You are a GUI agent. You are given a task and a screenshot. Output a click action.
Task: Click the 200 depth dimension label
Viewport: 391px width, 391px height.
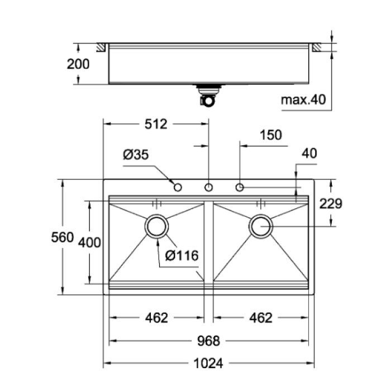point(78,64)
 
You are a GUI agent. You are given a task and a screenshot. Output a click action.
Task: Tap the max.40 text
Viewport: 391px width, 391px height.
point(303,101)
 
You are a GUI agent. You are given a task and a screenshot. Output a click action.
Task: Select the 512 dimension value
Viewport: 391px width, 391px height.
point(156,124)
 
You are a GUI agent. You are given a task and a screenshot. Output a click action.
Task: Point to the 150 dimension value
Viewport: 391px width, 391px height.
point(271,135)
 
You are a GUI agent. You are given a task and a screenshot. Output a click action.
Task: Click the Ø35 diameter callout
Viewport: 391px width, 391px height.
point(136,156)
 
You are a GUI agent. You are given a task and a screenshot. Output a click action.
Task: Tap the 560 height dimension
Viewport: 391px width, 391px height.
point(62,237)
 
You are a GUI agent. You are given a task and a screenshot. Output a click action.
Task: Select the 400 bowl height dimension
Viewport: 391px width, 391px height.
point(89,242)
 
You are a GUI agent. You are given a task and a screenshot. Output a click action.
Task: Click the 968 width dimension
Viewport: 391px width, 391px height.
point(209,340)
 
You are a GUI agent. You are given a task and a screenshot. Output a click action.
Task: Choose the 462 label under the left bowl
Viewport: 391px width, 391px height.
point(156,318)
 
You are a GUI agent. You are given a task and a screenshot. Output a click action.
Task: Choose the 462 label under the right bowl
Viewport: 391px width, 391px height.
point(261,318)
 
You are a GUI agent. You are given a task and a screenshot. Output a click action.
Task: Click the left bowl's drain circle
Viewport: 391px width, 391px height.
point(156,226)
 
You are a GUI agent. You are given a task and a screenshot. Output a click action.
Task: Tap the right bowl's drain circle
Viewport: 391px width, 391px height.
point(261,226)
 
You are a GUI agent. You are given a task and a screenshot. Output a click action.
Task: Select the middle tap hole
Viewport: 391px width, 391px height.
point(208,187)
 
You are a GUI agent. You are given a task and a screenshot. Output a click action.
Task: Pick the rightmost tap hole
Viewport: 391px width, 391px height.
point(240,187)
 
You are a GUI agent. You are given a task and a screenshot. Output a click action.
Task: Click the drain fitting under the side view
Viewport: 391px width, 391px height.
point(208,95)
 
